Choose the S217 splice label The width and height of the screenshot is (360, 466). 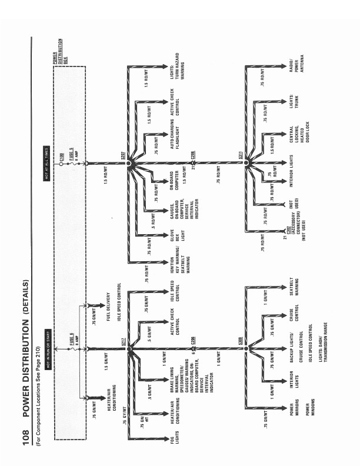pos(123,354)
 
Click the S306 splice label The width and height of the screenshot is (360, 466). pos(240,354)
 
